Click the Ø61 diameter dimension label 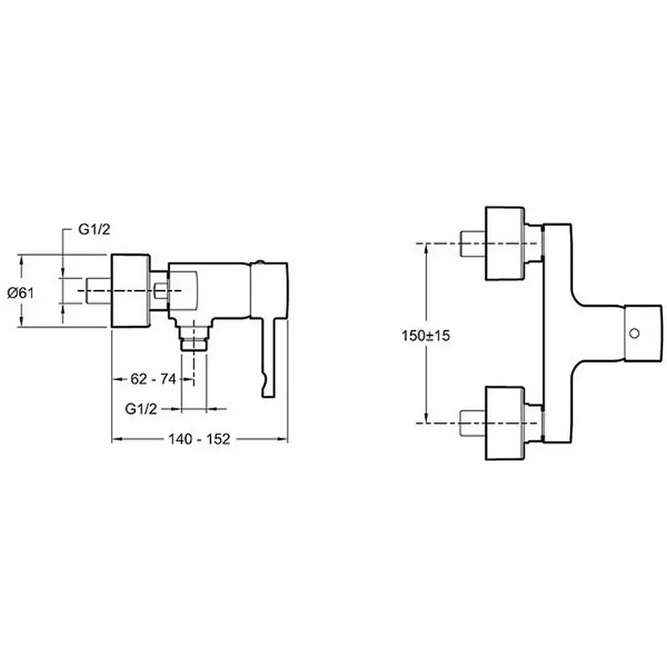[x=21, y=293]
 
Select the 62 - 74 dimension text [x=153, y=379]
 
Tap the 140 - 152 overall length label [x=199, y=439]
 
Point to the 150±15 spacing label [x=425, y=336]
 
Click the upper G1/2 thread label [x=94, y=230]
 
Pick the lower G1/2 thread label [x=141, y=409]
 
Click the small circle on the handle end [x=634, y=333]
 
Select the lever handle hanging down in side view [x=269, y=359]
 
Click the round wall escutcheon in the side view [x=131, y=291]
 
